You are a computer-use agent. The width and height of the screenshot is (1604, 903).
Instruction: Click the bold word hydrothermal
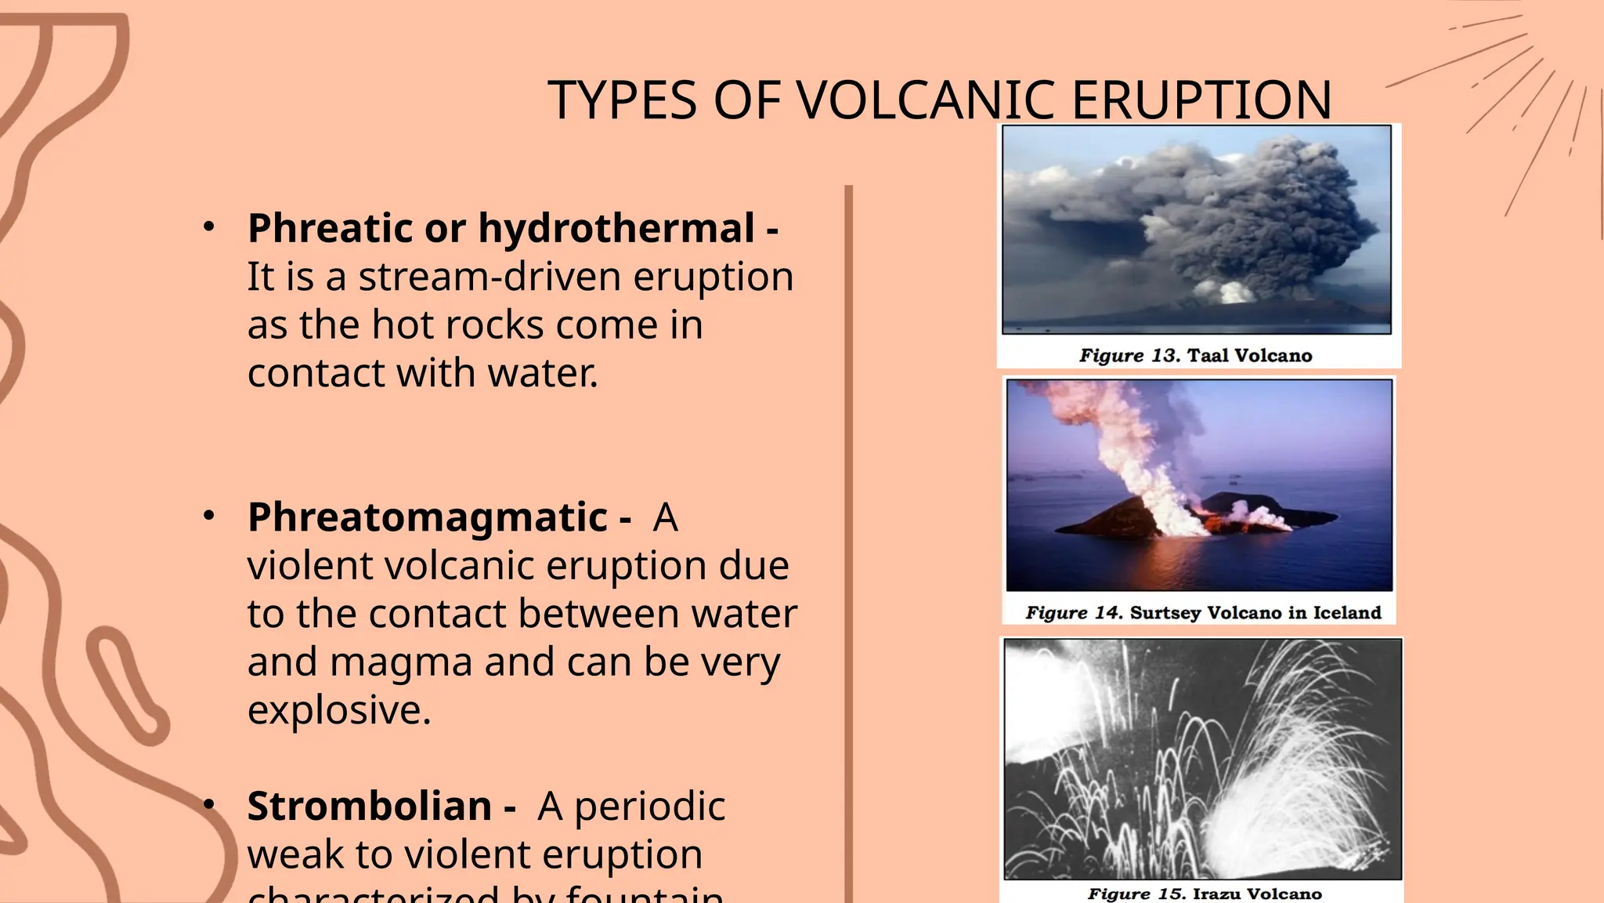point(616,228)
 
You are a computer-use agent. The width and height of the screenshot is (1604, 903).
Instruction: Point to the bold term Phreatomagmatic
point(428,517)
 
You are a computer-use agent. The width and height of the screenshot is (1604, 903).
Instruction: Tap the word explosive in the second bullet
point(338,710)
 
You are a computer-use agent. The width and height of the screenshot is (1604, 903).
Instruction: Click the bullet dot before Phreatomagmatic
point(208,516)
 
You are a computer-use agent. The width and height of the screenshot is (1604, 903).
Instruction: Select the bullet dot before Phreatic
point(208,227)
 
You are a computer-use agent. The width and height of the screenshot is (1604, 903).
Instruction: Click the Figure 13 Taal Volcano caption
point(1195,355)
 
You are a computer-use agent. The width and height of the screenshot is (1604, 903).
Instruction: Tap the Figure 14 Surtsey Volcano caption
point(1203,612)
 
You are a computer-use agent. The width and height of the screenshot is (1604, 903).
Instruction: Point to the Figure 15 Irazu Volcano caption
point(1205,894)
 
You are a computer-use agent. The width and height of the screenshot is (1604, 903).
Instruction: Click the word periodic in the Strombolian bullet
point(649,807)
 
